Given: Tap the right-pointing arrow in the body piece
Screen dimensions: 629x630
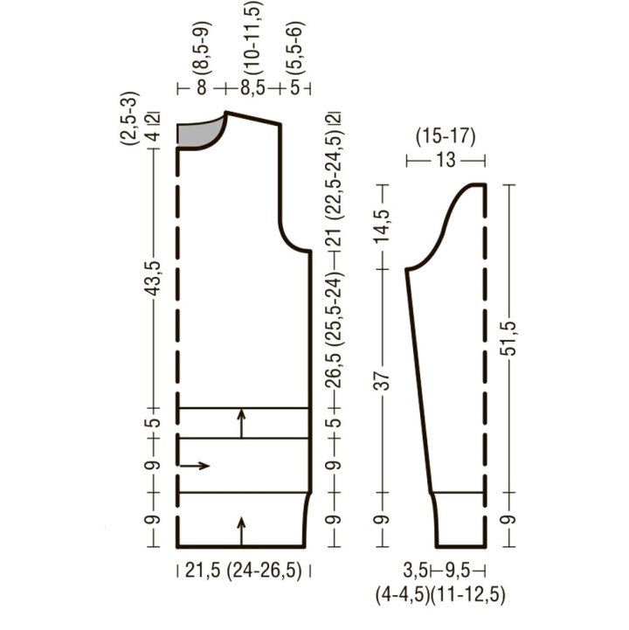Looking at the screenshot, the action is click(195, 466).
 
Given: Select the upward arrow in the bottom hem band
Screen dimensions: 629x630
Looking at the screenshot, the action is click(241, 530).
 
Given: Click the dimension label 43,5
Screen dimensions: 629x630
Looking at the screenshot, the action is click(154, 279).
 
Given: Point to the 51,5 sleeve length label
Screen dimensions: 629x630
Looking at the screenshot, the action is click(509, 338).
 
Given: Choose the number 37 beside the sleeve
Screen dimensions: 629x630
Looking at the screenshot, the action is click(384, 381).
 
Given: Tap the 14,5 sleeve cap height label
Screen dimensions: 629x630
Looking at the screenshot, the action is click(383, 225).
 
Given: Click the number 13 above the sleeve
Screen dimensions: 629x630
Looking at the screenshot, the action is click(446, 160).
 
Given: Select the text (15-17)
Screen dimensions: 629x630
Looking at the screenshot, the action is click(446, 137).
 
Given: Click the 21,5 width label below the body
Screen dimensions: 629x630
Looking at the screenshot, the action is click(203, 570).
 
